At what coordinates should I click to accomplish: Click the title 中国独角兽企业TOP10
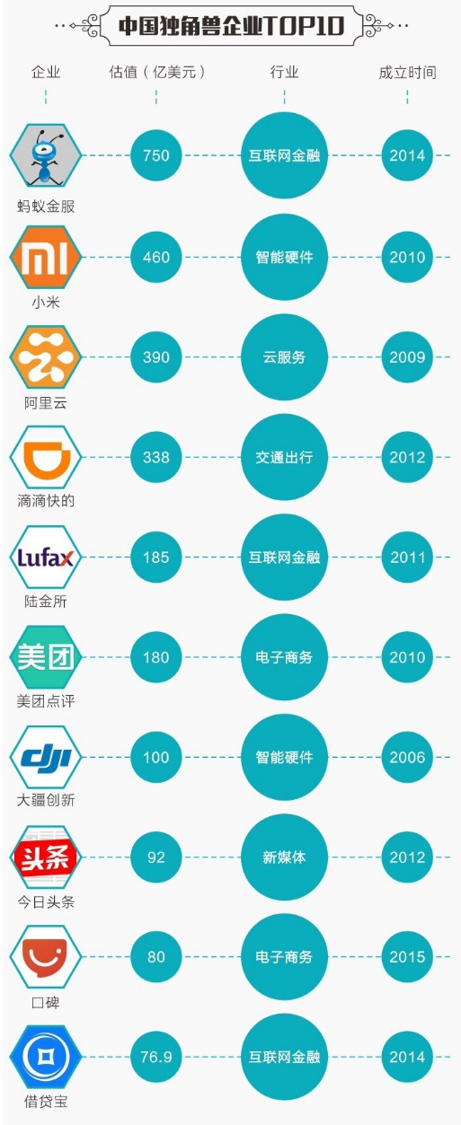pos(231,26)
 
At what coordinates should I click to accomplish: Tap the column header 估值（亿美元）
pos(157,73)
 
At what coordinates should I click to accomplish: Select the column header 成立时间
pos(407,73)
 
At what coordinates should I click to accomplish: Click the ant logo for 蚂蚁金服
pos(46,155)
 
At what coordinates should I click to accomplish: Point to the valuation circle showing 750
pos(155,155)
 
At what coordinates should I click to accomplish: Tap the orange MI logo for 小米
pos(46,257)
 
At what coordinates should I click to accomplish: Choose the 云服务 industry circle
pos(284,357)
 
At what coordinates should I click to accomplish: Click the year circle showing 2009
pos(407,357)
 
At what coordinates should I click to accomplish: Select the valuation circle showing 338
pos(155,457)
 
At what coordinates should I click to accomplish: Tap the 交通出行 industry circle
pos(284,457)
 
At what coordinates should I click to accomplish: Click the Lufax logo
pos(46,557)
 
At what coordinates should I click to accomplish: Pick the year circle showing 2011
pos(407,557)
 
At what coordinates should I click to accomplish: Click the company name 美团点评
pos(46,700)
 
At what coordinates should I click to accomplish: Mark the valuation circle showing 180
pos(155,657)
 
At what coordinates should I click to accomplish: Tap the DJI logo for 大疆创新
pos(46,757)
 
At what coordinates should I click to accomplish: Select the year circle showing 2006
pos(407,757)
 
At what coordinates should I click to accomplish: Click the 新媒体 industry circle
pos(284,857)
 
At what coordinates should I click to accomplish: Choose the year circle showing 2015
pos(407,957)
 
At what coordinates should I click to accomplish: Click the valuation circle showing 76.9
pos(155,1057)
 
